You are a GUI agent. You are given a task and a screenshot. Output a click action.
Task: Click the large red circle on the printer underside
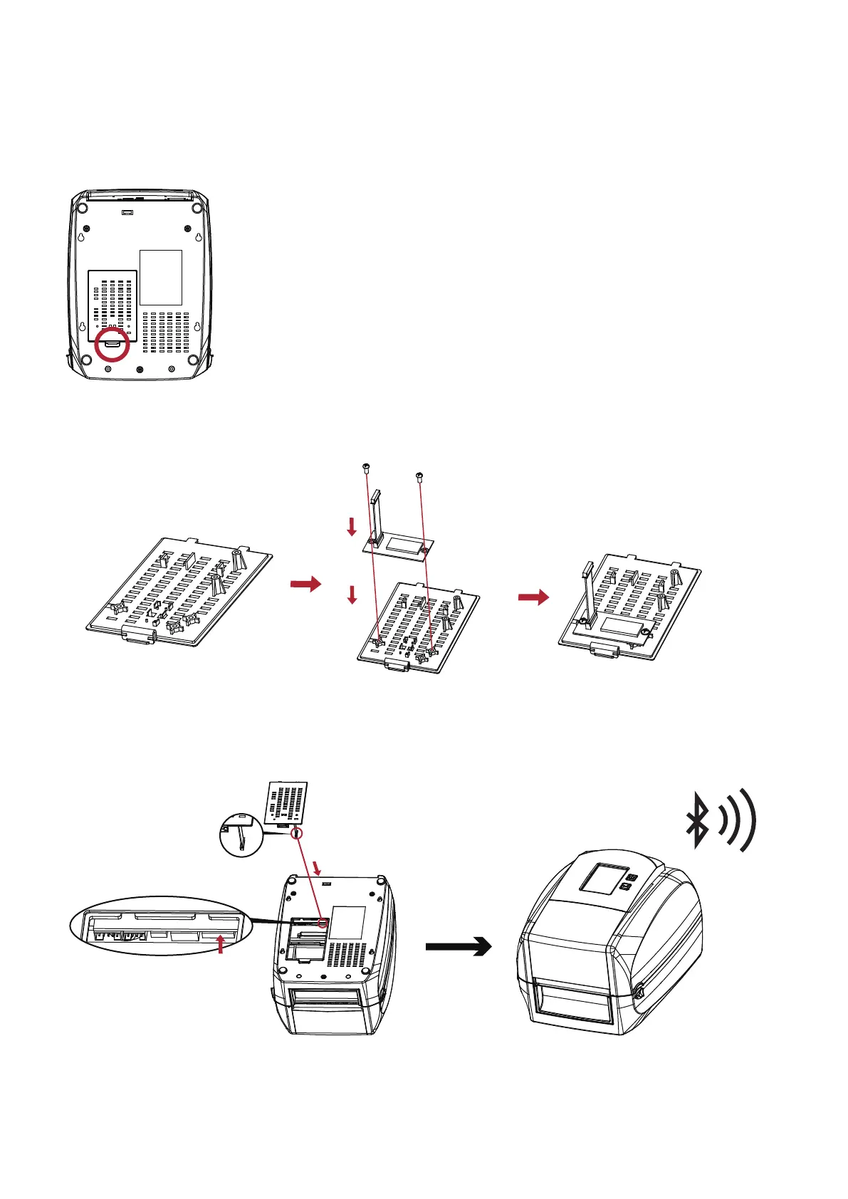coord(112,345)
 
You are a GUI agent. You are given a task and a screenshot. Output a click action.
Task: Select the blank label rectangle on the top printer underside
coord(161,277)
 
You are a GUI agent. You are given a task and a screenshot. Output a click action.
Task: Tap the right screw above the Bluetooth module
coord(419,474)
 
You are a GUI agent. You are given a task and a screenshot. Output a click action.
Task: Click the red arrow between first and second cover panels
coord(305,584)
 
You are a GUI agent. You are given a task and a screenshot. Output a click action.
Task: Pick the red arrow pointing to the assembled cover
coord(533,597)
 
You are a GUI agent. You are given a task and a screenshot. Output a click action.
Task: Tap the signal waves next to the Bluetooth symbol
coord(737,820)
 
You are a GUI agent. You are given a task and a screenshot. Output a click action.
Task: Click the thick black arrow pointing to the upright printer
coord(459,946)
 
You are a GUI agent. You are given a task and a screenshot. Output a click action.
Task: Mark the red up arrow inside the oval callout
coord(221,944)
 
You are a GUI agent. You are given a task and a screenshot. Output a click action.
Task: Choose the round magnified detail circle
coord(241,834)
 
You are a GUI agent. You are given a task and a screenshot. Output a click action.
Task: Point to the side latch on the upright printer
coord(639,990)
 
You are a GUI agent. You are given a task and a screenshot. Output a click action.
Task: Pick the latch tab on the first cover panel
coord(139,635)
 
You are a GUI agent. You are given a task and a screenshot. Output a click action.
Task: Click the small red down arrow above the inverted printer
coord(318,868)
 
